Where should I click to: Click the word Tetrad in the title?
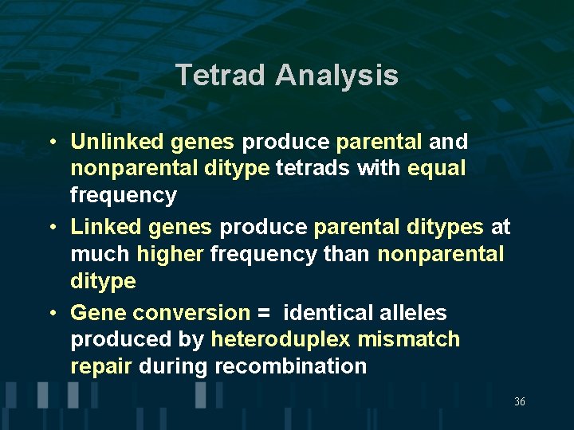click(222, 75)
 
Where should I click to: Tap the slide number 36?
click(520, 402)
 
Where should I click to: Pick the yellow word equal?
click(436, 168)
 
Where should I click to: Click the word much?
click(100, 254)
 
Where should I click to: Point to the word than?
click(348, 254)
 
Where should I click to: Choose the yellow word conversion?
click(191, 313)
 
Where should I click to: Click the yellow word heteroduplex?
click(280, 340)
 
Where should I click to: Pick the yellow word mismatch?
click(408, 339)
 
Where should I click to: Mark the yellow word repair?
click(102, 367)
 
